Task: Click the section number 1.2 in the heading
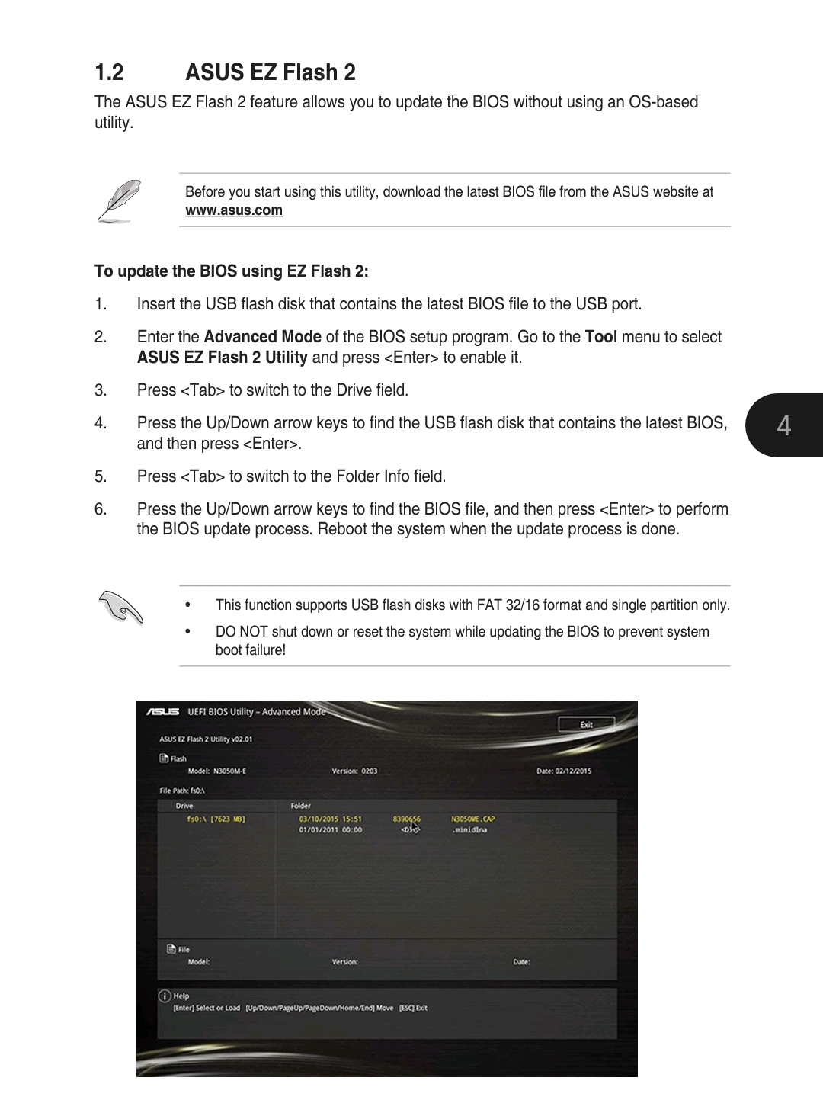click(x=109, y=72)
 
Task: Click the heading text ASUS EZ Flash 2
click(x=270, y=72)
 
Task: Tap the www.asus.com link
click(x=233, y=210)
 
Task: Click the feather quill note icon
click(x=119, y=200)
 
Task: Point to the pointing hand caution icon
click(x=120, y=608)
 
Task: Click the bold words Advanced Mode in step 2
click(x=262, y=337)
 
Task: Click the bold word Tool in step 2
click(x=600, y=337)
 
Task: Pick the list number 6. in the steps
click(x=101, y=509)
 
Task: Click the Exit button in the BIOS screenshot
click(x=586, y=724)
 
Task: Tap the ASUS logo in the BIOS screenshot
click(x=163, y=712)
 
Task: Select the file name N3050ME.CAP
click(x=472, y=819)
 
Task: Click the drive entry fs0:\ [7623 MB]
click(x=216, y=819)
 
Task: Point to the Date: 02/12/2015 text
click(x=563, y=771)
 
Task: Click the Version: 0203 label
click(x=354, y=771)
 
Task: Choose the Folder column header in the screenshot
click(x=300, y=805)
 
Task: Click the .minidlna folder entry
click(x=469, y=829)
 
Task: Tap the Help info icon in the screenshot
click(x=164, y=996)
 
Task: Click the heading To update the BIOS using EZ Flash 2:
click(x=231, y=271)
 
